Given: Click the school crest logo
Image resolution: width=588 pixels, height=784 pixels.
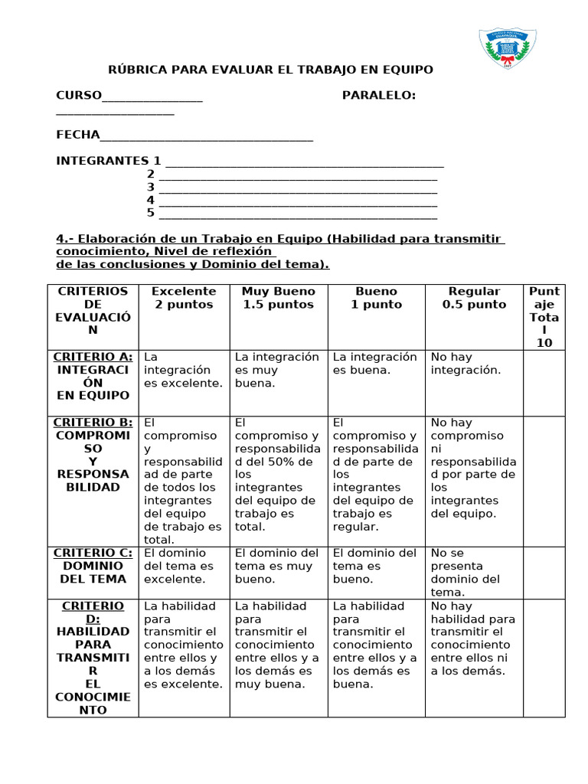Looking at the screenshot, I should [507, 48].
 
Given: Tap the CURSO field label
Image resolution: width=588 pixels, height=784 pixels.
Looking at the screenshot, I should [79, 95].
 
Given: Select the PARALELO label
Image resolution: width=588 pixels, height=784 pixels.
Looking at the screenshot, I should [379, 95].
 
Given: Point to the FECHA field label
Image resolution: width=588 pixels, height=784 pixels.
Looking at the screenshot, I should [78, 135].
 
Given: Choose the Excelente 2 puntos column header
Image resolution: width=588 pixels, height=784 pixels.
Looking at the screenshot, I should [184, 298].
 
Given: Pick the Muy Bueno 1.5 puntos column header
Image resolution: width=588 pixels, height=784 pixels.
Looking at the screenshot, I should [279, 298].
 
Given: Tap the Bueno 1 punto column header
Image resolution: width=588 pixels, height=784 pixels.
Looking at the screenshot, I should [376, 298].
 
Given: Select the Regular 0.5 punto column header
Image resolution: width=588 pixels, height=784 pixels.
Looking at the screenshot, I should [474, 298].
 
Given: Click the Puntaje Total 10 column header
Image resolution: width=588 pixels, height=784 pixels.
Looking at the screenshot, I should [544, 316].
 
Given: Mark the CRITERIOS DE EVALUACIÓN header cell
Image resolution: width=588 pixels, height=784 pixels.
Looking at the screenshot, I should [93, 310].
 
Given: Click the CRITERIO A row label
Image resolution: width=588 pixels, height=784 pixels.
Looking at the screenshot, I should [93, 376].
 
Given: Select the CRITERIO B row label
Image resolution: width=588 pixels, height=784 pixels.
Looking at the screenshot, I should [93, 455].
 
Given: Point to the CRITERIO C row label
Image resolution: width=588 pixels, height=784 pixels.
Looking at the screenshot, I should [93, 566].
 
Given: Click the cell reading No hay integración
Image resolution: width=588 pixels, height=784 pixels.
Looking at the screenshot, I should [474, 364].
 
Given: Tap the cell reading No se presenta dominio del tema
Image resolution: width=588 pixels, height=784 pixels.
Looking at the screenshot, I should [474, 572].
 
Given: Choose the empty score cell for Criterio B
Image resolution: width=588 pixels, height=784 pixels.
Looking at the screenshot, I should [544, 481].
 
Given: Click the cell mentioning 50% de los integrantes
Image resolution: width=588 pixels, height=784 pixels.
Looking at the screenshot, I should [279, 475].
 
